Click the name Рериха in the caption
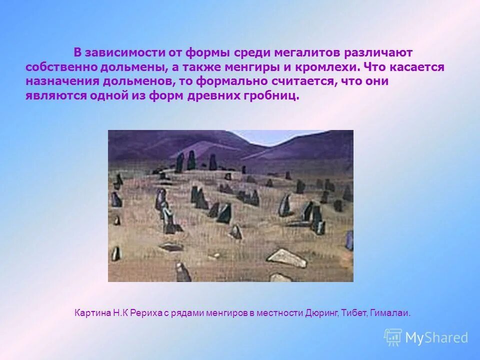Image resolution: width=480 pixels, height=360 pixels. coord(147,313)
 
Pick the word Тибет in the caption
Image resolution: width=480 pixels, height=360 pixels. coord(355,313)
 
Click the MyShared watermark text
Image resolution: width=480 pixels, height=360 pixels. coord(436,338)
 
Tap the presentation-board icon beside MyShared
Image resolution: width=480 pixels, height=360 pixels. coord(393,337)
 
